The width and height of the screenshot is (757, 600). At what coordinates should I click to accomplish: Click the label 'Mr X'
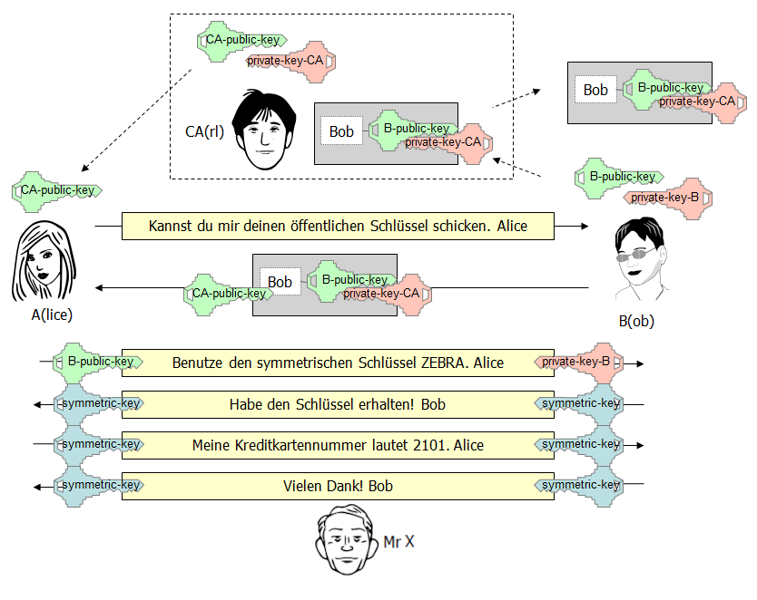click(x=399, y=541)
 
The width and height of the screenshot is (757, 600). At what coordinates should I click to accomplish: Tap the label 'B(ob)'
click(x=636, y=320)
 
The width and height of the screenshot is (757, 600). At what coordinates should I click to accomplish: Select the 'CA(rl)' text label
click(x=204, y=131)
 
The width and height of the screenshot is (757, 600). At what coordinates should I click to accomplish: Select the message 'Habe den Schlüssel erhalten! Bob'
click(x=338, y=404)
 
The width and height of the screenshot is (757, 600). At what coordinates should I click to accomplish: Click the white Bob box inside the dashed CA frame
click(x=341, y=131)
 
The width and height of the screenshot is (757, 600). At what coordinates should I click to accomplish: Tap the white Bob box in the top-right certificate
click(x=595, y=90)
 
